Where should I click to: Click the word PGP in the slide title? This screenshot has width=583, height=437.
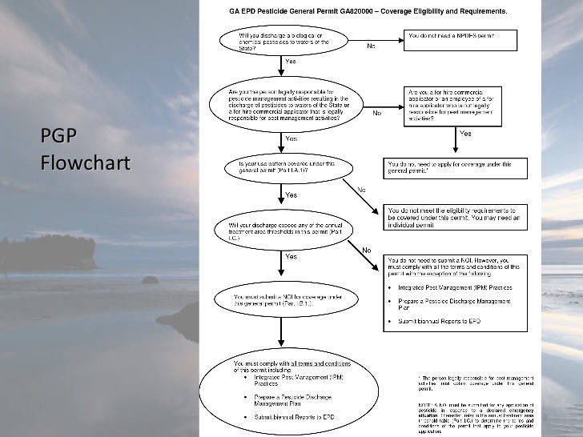click(x=58, y=137)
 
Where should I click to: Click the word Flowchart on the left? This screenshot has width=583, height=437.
click(x=84, y=164)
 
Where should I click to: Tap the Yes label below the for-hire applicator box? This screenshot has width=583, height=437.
click(x=464, y=134)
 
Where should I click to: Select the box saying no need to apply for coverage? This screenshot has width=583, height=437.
click(x=456, y=168)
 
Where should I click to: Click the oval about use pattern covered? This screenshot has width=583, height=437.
click(x=285, y=168)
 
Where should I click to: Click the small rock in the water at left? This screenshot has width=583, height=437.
click(x=149, y=280)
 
